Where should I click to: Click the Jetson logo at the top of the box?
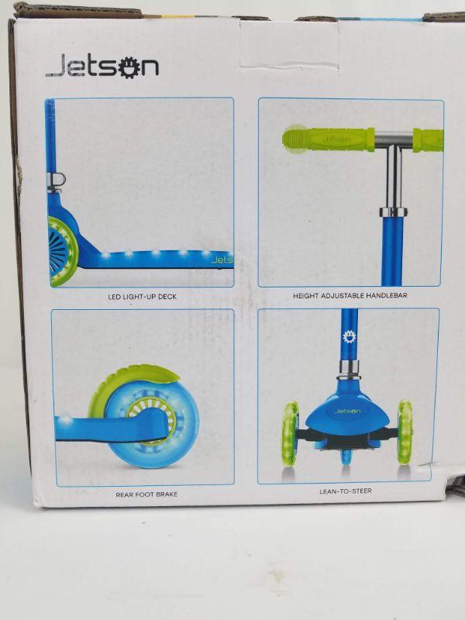tap(102, 66)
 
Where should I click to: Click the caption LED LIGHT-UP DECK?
tap(143, 297)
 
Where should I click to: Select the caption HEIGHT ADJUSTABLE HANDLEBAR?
tap(350, 295)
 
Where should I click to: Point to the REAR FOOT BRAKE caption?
tap(146, 494)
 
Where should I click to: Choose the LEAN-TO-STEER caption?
tap(346, 491)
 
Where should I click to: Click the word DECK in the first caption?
tap(167, 297)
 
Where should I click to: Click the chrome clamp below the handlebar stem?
tap(393, 212)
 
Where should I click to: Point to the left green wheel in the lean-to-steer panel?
tap(291, 433)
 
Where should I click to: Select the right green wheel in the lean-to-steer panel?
tap(405, 431)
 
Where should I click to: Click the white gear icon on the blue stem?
tap(350, 337)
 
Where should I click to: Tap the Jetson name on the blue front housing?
tap(346, 412)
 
